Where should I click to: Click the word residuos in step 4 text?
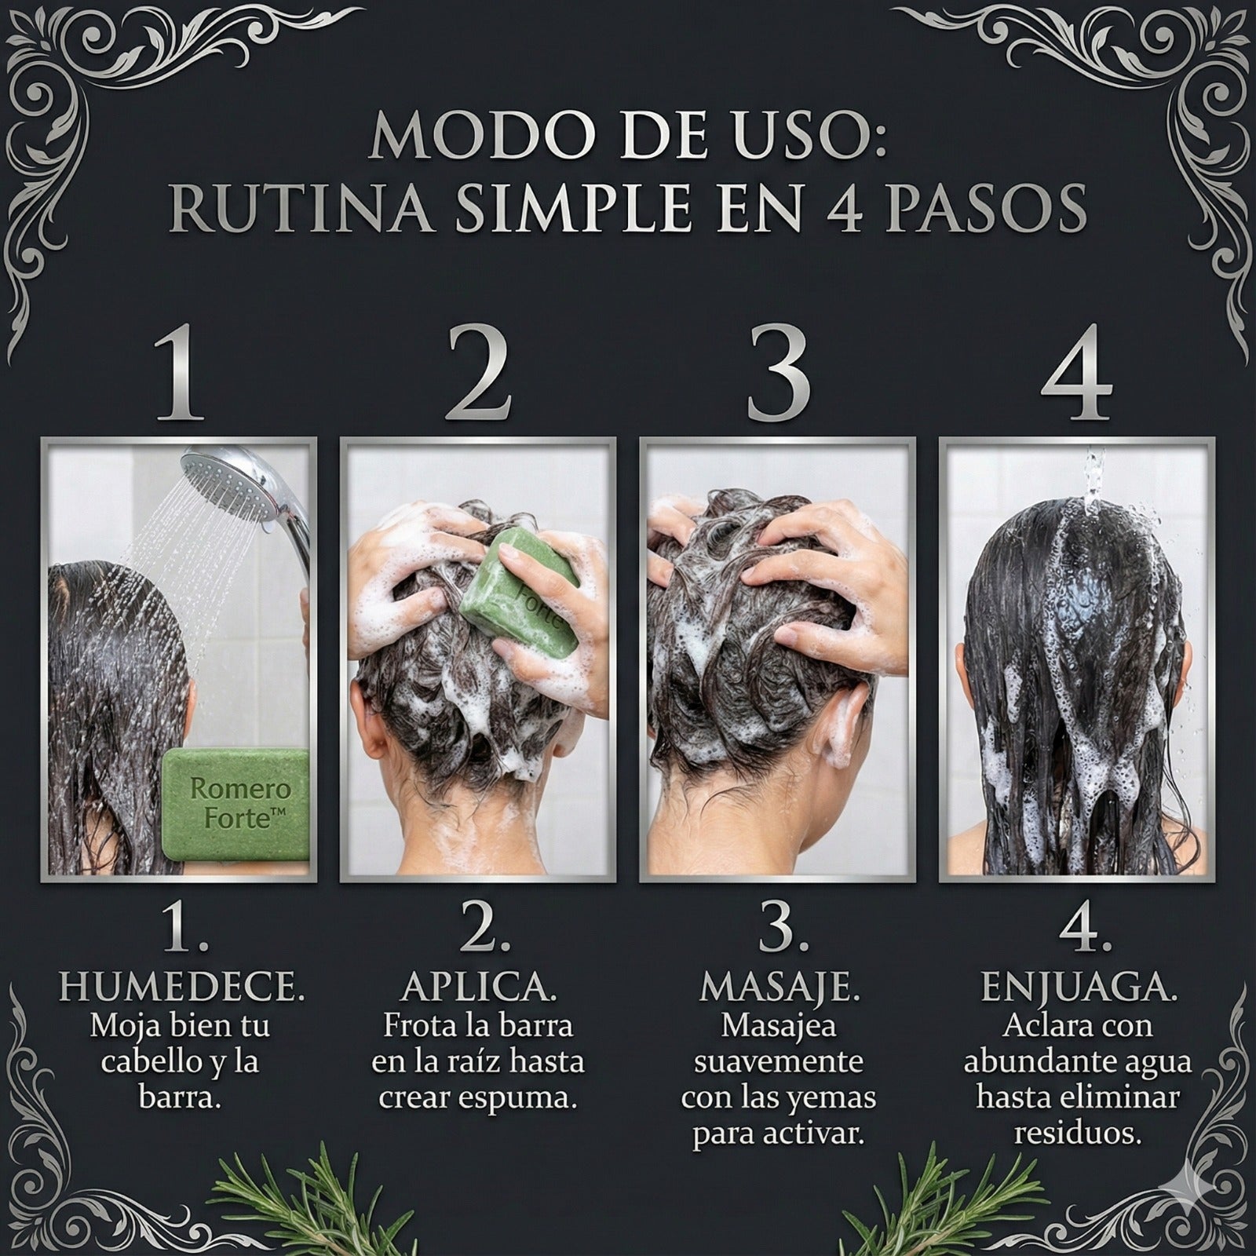pos(1077,1133)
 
